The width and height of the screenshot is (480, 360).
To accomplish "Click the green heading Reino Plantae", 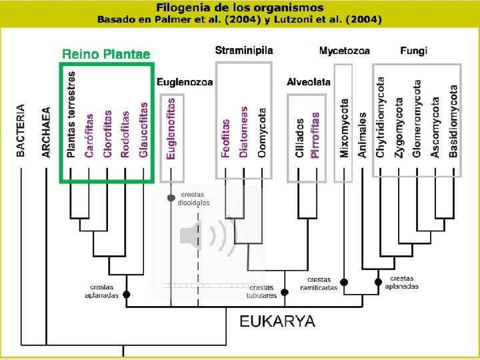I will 106,54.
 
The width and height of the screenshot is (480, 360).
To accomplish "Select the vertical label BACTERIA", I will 21,130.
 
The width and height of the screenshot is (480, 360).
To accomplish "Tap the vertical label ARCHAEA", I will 46,132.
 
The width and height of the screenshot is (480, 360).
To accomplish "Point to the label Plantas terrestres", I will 71,114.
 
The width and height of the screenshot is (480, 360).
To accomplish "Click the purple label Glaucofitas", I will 143,130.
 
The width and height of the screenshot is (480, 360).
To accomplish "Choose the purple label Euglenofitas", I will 171,128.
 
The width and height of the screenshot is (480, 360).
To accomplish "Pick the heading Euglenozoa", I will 185,82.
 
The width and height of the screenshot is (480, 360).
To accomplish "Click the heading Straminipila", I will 243,50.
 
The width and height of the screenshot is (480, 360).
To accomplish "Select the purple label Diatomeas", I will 244,131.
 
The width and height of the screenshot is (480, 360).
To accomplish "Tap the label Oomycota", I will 262,133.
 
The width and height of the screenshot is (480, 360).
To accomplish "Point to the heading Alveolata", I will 308,82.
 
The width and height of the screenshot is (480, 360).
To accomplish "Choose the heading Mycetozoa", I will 344,51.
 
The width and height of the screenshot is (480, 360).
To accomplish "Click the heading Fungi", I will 413,51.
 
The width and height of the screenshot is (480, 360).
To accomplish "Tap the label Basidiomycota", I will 453,121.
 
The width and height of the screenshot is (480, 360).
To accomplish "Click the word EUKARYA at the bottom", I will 277,321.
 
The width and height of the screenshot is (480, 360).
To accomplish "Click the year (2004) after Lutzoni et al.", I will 360,19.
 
